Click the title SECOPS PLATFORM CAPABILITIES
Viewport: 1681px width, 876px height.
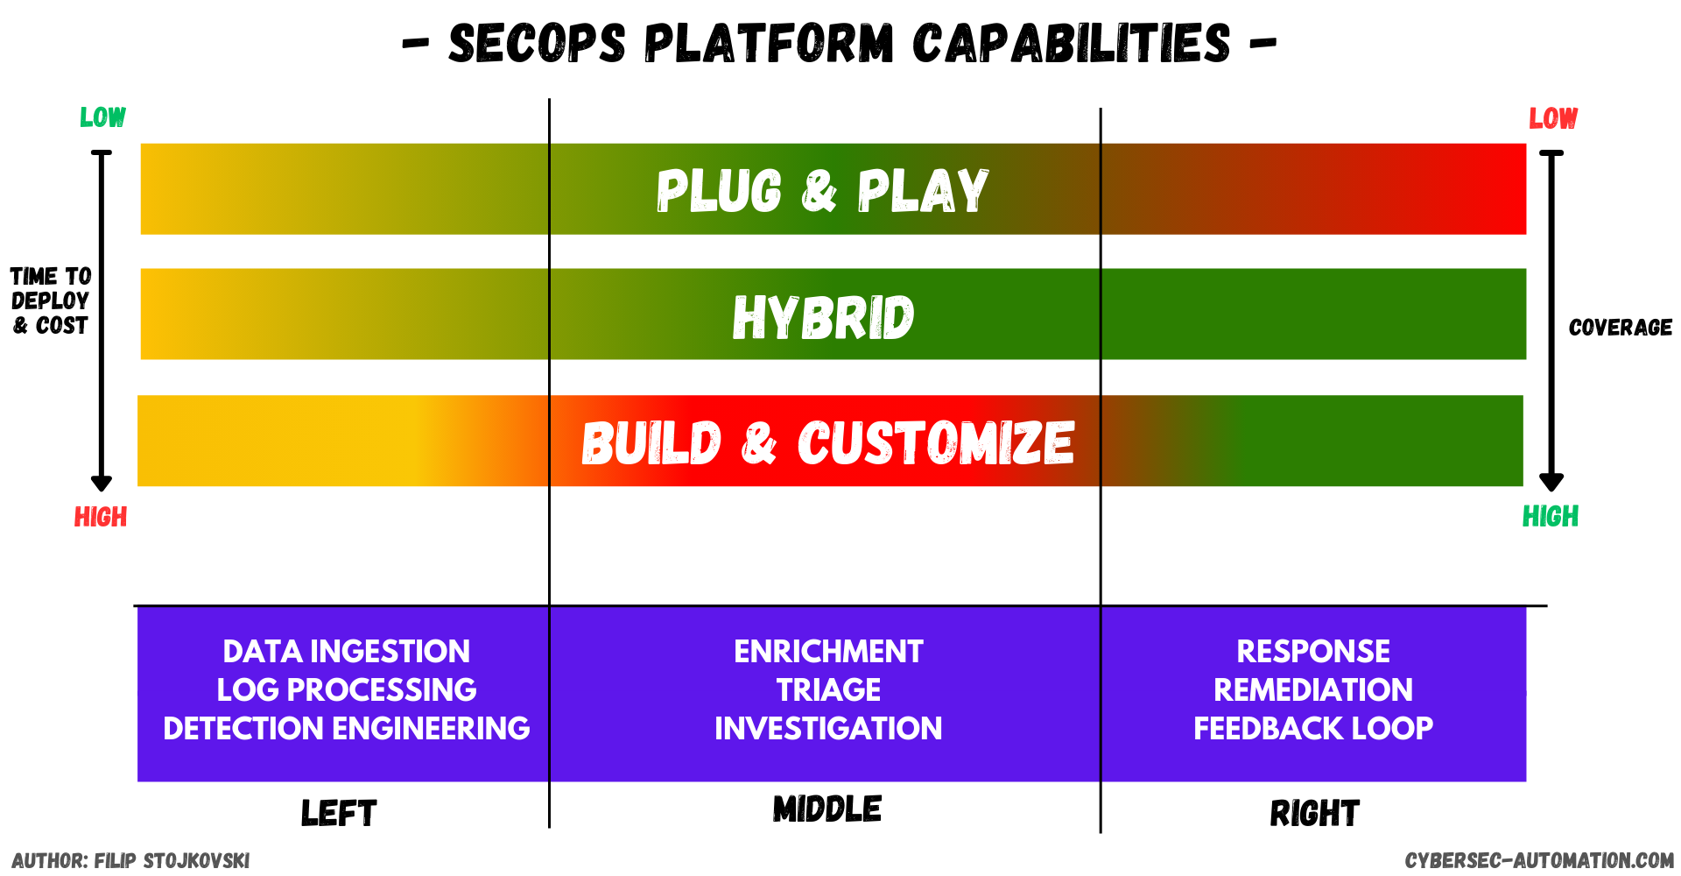(x=839, y=44)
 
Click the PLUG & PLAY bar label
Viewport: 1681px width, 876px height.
(x=822, y=190)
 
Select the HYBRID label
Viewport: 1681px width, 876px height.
(x=823, y=316)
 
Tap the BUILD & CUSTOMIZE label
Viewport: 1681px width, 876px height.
(x=827, y=442)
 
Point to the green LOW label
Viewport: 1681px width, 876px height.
(x=102, y=117)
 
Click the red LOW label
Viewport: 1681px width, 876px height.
(x=1553, y=118)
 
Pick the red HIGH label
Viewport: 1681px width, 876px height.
(x=101, y=517)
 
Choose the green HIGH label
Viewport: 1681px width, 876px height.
(x=1551, y=516)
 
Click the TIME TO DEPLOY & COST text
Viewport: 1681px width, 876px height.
(x=50, y=300)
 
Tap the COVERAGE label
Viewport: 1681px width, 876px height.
(x=1620, y=328)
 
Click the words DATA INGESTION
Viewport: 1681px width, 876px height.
(x=346, y=652)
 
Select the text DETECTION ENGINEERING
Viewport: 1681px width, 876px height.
(x=346, y=729)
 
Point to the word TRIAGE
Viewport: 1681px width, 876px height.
(x=828, y=690)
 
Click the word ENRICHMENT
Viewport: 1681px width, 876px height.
(x=828, y=652)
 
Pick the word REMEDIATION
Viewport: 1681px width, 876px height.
(x=1312, y=690)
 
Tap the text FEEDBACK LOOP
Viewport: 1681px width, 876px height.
(x=1312, y=729)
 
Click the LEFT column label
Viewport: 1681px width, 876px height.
(x=338, y=814)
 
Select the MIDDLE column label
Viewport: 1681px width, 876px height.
(x=827, y=809)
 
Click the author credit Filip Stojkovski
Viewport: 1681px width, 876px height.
(x=130, y=860)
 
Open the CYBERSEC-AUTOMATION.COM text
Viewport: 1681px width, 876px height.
(x=1539, y=860)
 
